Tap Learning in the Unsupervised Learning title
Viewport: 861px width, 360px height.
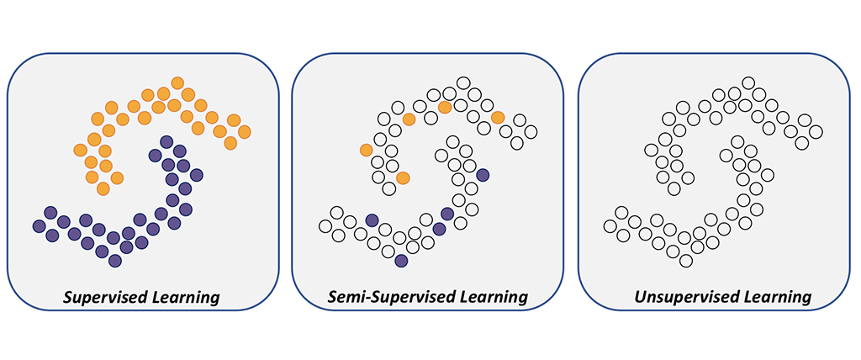[775, 297]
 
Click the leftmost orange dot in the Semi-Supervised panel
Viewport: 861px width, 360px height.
[366, 150]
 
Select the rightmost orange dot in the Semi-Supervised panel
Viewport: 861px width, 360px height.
[498, 116]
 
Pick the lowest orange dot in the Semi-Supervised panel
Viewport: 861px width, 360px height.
[403, 177]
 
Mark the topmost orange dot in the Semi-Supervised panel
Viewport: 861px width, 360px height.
[445, 107]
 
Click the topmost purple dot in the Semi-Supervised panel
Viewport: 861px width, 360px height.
[483, 175]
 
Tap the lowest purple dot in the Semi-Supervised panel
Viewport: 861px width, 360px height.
[401, 261]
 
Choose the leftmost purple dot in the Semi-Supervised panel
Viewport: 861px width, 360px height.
[372, 220]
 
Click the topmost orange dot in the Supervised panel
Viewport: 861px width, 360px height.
[177, 82]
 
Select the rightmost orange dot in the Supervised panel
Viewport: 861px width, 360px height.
[245, 132]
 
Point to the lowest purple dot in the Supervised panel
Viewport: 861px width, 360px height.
[115, 261]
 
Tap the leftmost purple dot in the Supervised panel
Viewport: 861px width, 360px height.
[38, 225]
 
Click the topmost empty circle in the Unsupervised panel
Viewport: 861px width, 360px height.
[747, 83]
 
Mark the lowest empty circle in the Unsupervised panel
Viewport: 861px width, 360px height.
[685, 261]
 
